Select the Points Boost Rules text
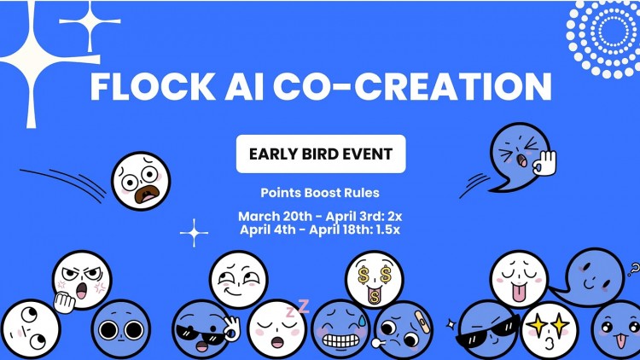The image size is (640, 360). (320, 193)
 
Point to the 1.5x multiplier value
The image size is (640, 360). (386, 229)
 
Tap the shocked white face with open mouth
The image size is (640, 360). (141, 181)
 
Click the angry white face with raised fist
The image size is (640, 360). (81, 281)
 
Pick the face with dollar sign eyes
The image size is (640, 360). (374, 280)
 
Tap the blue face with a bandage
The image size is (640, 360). (404, 330)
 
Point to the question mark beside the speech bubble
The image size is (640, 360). (632, 272)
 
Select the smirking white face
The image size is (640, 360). (238, 279)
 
